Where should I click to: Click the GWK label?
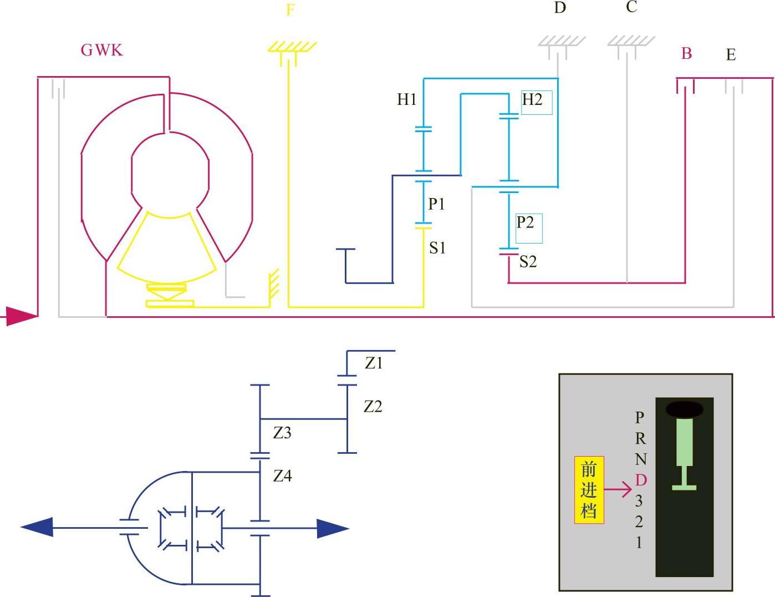coord(101,50)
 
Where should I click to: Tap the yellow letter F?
coord(290,9)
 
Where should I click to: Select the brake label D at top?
coord(560,8)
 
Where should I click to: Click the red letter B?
coord(686,54)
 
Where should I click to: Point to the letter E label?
coord(731,55)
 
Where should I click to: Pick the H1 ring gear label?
coord(406,100)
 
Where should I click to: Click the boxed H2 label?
coord(532,100)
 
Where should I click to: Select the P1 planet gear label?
coord(436,204)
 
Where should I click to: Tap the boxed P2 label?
coord(526,223)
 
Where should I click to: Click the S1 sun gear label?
coord(437,248)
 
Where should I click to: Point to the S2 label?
coord(528,261)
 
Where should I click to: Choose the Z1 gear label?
coord(374,363)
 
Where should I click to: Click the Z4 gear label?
coord(282,475)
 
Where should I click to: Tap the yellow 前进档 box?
coord(589,490)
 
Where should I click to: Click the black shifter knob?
coord(684,409)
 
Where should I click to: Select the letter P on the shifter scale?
coord(640,417)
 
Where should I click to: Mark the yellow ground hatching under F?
coord(292,48)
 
